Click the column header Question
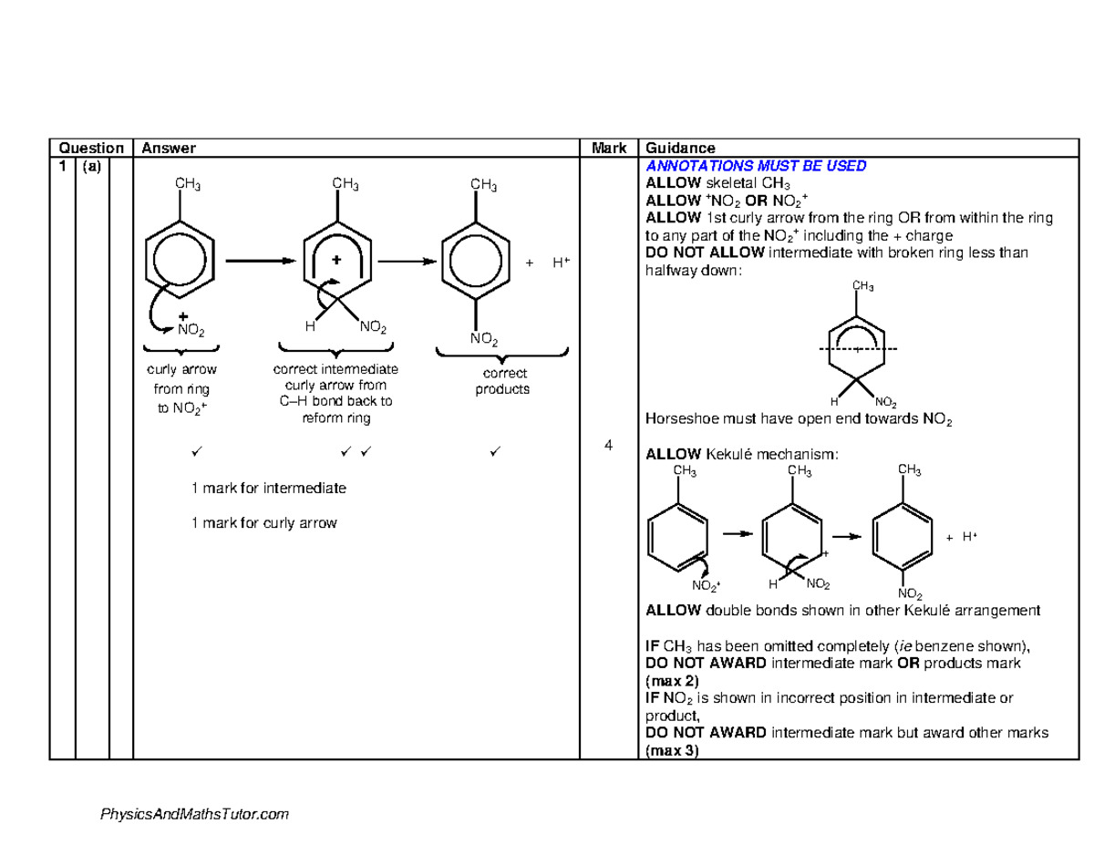point(91,149)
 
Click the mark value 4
point(607,444)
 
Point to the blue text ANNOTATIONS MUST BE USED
point(756,166)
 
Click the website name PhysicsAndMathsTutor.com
point(193,814)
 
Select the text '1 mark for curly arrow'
point(264,522)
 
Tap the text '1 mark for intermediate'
point(269,489)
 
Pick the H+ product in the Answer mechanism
point(559,263)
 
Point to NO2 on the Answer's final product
point(484,339)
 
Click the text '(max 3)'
point(672,751)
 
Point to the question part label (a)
point(92,167)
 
